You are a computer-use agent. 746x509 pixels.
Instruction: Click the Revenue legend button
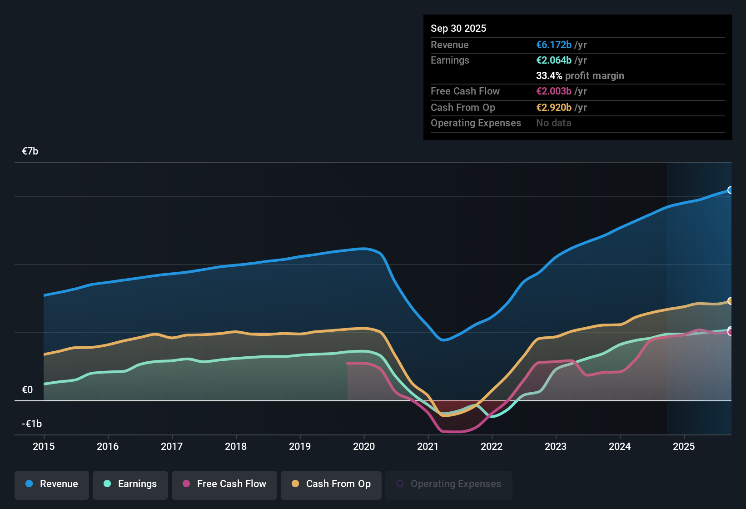[x=52, y=484]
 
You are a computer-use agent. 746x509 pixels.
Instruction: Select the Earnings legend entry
[x=130, y=484]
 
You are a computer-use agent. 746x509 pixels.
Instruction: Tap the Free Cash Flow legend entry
[x=224, y=484]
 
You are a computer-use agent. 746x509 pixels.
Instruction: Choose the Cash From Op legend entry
[x=331, y=484]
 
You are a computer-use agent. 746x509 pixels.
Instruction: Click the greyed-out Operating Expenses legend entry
[x=449, y=484]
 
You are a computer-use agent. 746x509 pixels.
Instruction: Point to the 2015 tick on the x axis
[x=44, y=446]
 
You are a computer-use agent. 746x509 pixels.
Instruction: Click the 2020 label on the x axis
[x=364, y=446]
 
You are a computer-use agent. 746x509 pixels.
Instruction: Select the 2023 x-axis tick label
[x=556, y=446]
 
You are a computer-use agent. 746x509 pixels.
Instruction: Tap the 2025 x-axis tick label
[x=684, y=446]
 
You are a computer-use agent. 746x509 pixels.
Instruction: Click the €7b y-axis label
[x=30, y=151]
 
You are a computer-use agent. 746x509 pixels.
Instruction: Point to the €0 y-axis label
[x=27, y=389]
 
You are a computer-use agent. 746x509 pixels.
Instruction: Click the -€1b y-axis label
[x=32, y=424]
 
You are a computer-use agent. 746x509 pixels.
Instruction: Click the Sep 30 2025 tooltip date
[x=458, y=28]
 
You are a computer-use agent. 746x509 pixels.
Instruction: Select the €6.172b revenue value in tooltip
[x=553, y=45]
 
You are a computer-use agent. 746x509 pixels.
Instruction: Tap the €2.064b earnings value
[x=553, y=60]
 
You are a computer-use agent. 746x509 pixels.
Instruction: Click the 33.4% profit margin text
[x=580, y=75]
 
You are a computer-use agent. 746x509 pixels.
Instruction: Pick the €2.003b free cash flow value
[x=553, y=91]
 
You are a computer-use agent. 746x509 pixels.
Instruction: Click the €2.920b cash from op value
[x=553, y=107]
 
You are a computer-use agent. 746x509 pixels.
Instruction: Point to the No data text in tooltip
[x=553, y=123]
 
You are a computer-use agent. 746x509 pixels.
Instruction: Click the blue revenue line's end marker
[x=730, y=190]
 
